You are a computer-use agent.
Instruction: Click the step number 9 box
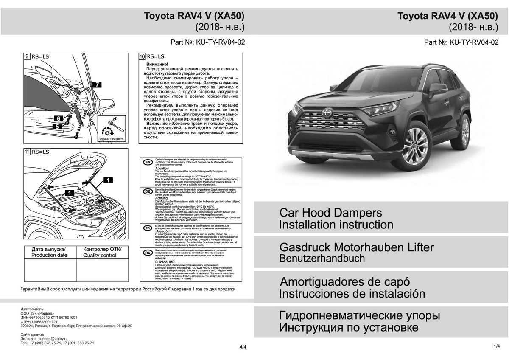27,56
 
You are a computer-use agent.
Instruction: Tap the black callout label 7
97,85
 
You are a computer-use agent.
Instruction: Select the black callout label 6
58,118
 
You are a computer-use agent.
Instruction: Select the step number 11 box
27,152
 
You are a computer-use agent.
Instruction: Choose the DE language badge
148,191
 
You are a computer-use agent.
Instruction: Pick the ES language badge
148,228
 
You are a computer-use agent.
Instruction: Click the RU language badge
148,253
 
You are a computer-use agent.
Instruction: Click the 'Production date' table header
49,252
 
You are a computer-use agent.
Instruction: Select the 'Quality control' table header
102,252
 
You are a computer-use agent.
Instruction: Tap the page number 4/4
243,347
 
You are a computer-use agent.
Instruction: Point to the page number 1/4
497,346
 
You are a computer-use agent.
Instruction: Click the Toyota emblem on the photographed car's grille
327,113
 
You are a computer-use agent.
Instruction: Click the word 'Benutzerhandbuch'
322,258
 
